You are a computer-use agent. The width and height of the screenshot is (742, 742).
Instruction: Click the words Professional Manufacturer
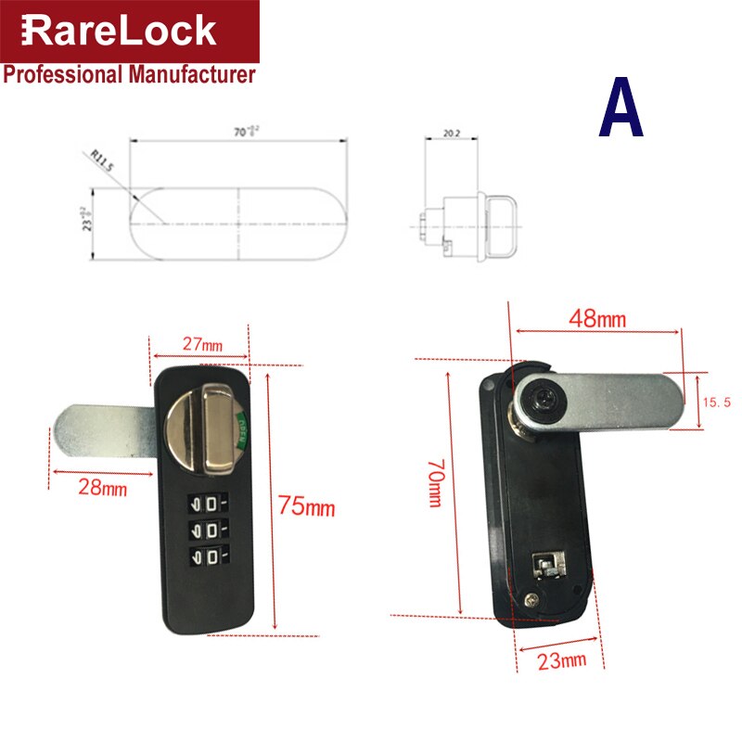[x=129, y=75]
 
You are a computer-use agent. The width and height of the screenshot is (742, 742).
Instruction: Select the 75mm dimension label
[x=306, y=506]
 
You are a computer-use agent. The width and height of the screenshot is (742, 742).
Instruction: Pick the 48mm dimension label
[x=598, y=320]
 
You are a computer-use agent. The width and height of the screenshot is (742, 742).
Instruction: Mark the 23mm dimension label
[x=561, y=660]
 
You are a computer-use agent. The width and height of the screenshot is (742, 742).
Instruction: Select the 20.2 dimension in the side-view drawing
[x=453, y=134]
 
